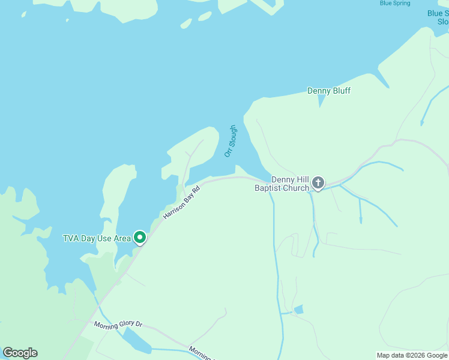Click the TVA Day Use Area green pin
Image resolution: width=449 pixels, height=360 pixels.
click(140, 238)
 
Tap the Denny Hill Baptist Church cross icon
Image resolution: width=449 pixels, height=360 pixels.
click(318, 182)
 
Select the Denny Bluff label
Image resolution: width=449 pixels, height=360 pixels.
click(329, 91)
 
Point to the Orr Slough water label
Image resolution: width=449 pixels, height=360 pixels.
click(231, 141)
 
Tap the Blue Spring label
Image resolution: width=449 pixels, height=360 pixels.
click(395, 4)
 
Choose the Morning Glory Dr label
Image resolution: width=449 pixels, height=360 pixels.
click(118, 325)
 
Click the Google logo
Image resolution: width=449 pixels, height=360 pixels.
click(20, 353)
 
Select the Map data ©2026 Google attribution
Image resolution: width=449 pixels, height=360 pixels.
click(412, 355)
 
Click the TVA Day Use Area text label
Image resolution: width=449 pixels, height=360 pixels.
click(97, 238)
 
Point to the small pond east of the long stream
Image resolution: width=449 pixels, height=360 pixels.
click(298, 310)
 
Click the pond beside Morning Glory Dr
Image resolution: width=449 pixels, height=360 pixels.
click(137, 341)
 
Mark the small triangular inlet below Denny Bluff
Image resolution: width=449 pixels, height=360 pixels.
click(321, 101)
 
